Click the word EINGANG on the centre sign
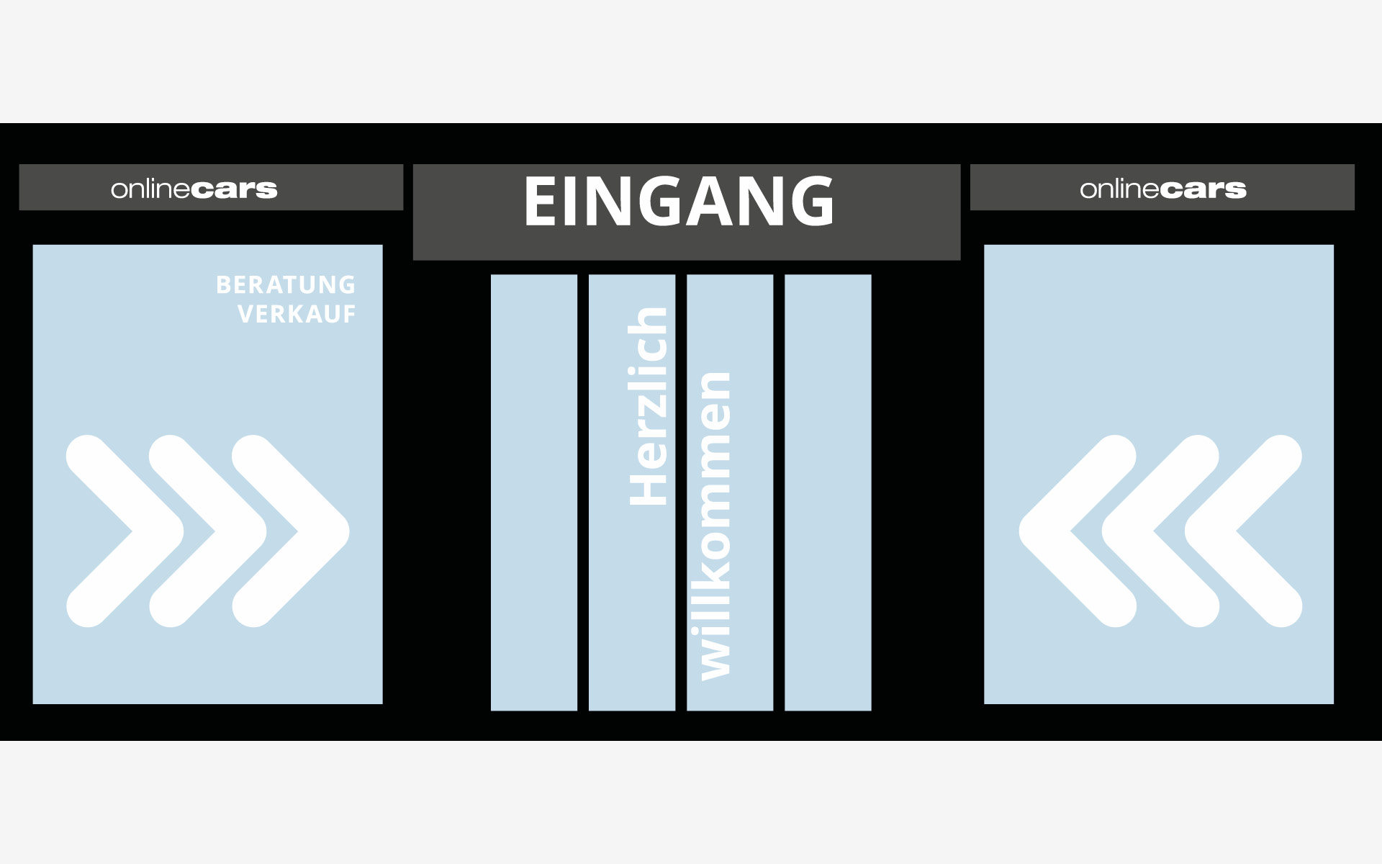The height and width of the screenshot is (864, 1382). pyautogui.click(x=679, y=202)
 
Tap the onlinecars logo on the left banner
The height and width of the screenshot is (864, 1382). pyautogui.click(x=194, y=189)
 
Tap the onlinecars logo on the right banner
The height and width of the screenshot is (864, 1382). pyautogui.click(x=1163, y=189)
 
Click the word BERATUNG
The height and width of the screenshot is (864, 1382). pyautogui.click(x=286, y=285)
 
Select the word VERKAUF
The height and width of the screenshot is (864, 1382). pyautogui.click(x=297, y=315)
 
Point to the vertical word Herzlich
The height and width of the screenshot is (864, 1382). pyautogui.click(x=648, y=406)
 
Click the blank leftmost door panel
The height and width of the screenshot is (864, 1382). pyautogui.click(x=534, y=492)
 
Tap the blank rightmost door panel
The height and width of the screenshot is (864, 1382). pyautogui.click(x=828, y=492)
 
